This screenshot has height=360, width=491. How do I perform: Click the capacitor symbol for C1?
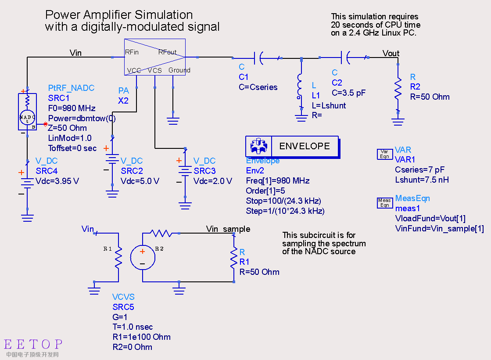(259, 58)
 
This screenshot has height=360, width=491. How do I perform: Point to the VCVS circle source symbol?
(143, 258)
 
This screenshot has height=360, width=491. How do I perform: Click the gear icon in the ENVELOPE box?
(258, 146)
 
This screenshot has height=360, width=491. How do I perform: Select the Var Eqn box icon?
(384, 154)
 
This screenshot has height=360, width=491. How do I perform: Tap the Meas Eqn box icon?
(384, 203)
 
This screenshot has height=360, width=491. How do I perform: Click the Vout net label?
(391, 53)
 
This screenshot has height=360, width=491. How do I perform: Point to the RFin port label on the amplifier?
(132, 52)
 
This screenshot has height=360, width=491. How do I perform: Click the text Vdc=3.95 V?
(57, 181)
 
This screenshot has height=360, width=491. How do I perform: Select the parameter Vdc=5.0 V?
(140, 181)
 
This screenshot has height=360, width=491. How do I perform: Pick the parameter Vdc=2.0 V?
(213, 181)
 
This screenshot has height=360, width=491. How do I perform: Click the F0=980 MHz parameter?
(72, 108)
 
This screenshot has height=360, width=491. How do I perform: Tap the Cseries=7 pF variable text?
(419, 170)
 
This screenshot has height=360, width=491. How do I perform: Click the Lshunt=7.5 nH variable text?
(422, 180)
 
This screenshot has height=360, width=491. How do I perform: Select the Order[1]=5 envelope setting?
(265, 191)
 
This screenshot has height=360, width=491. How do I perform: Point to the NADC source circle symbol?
(27, 118)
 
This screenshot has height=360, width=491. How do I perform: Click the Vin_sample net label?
(228, 229)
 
